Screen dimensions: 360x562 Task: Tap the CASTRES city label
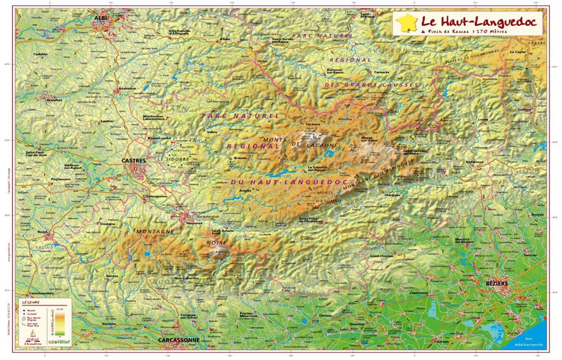pos(133,161)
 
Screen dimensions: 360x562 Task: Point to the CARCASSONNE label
pos(179,340)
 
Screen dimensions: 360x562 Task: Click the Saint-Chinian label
pos(380,256)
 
